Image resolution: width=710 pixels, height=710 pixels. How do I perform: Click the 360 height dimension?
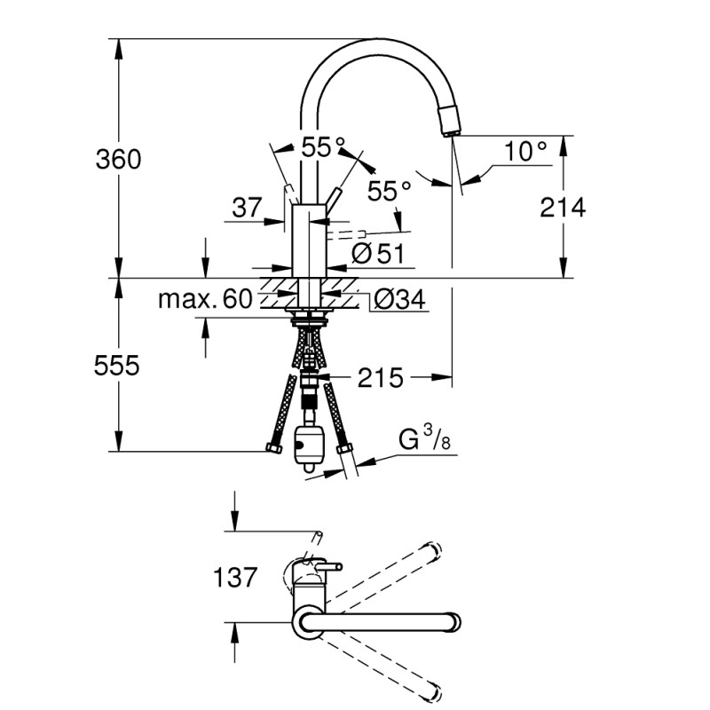tap(118, 160)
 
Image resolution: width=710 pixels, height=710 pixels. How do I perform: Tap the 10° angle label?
tap(525, 151)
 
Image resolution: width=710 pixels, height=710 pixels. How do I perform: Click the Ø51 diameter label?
tap(378, 255)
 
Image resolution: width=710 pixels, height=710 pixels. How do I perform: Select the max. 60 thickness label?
tap(205, 299)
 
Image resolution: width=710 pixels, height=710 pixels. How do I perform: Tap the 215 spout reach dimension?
tap(381, 379)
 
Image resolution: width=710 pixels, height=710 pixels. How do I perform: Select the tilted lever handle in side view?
tap(333, 197)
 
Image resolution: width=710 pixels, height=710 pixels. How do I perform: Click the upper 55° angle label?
tap(322, 148)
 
